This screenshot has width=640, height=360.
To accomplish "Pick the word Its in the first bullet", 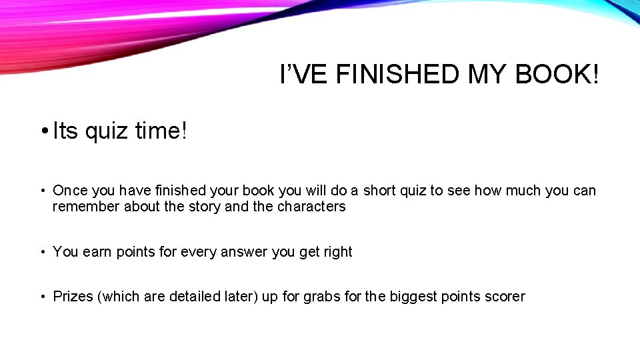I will pyautogui.click(x=65, y=131).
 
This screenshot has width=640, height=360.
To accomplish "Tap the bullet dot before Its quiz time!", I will pyautogui.click(x=43, y=131).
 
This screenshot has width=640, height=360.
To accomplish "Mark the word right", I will pyautogui.click(x=337, y=252).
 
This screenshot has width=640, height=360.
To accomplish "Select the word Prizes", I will pyautogui.click(x=73, y=297).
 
